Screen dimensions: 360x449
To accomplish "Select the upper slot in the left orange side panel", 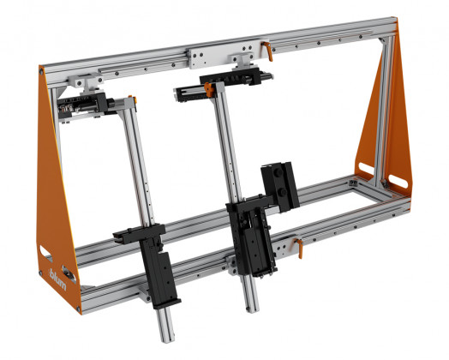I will point(44,249).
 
